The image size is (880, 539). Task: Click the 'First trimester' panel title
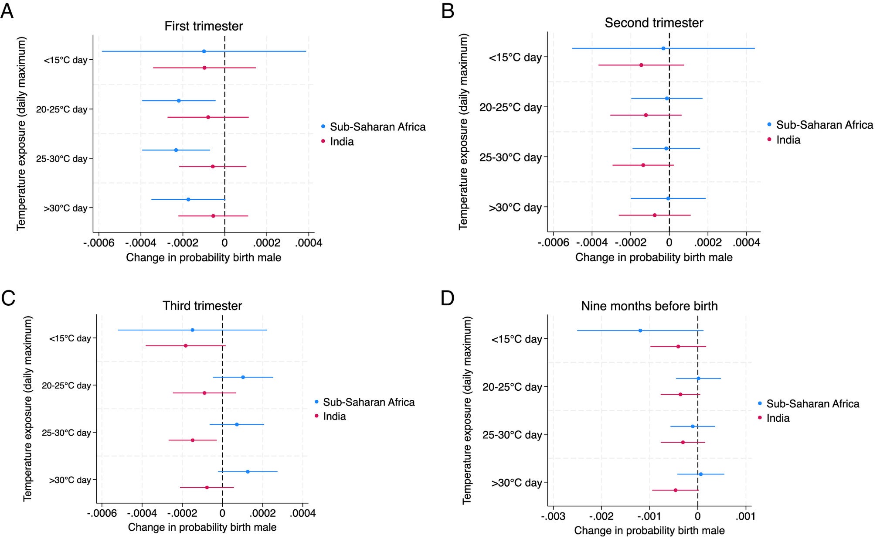pyautogui.click(x=204, y=26)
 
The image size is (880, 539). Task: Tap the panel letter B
pyautogui.click(x=448, y=11)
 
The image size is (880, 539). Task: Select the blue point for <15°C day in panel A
pyautogui.click(x=204, y=51)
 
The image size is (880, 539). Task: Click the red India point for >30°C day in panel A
pyautogui.click(x=213, y=216)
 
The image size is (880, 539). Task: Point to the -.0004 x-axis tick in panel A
pyautogui.click(x=141, y=243)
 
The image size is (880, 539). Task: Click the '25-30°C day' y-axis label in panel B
pyautogui.click(x=510, y=157)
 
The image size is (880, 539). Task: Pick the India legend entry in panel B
pyautogui.click(x=788, y=140)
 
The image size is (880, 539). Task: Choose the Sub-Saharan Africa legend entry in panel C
pyautogui.click(x=368, y=402)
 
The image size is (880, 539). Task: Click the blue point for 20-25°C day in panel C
pyautogui.click(x=243, y=377)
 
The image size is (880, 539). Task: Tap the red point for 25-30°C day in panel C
pyautogui.click(x=193, y=440)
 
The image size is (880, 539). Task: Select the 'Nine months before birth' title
pyautogui.click(x=649, y=306)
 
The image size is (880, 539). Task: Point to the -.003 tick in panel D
pyautogui.click(x=553, y=517)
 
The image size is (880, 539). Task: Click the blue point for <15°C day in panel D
pyautogui.click(x=640, y=331)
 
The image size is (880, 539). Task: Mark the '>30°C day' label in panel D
pyautogui.click(x=516, y=483)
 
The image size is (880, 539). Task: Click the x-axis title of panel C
pyautogui.click(x=202, y=527)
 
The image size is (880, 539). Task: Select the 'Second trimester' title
pyautogui.click(x=654, y=23)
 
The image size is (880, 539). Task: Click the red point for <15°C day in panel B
pyautogui.click(x=641, y=65)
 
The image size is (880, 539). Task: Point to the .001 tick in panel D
pyautogui.click(x=745, y=517)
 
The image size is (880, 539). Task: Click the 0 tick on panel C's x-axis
pyautogui.click(x=222, y=513)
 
